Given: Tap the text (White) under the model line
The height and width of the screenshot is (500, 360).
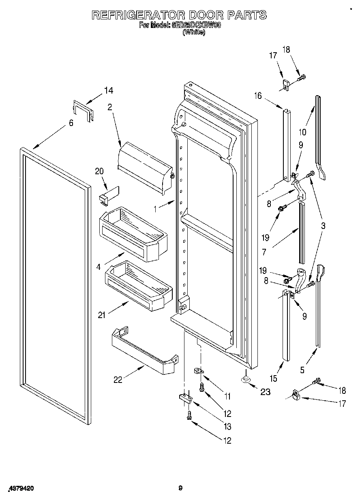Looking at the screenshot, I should (194, 32).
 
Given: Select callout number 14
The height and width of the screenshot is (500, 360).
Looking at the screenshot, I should (109, 91).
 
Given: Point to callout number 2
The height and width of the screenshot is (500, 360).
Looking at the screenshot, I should (109, 107).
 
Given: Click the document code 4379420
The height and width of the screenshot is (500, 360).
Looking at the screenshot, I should (19, 489).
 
